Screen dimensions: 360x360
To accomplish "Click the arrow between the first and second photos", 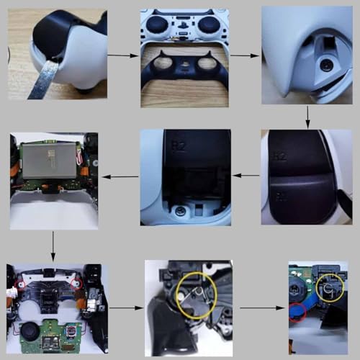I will pyautogui.click(x=123, y=54).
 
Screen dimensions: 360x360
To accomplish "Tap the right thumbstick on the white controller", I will pyautogui.click(x=208, y=25).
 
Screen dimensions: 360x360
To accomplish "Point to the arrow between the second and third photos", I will pyautogui.click(x=245, y=54).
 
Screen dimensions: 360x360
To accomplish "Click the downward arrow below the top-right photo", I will pyautogui.click(x=308, y=116).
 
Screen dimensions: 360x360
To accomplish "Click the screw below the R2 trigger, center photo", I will pyautogui.click(x=177, y=212).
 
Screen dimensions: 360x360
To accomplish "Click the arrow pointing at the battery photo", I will pyautogui.click(x=118, y=176).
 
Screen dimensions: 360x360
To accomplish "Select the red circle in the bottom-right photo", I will pyautogui.click(x=296, y=312).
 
